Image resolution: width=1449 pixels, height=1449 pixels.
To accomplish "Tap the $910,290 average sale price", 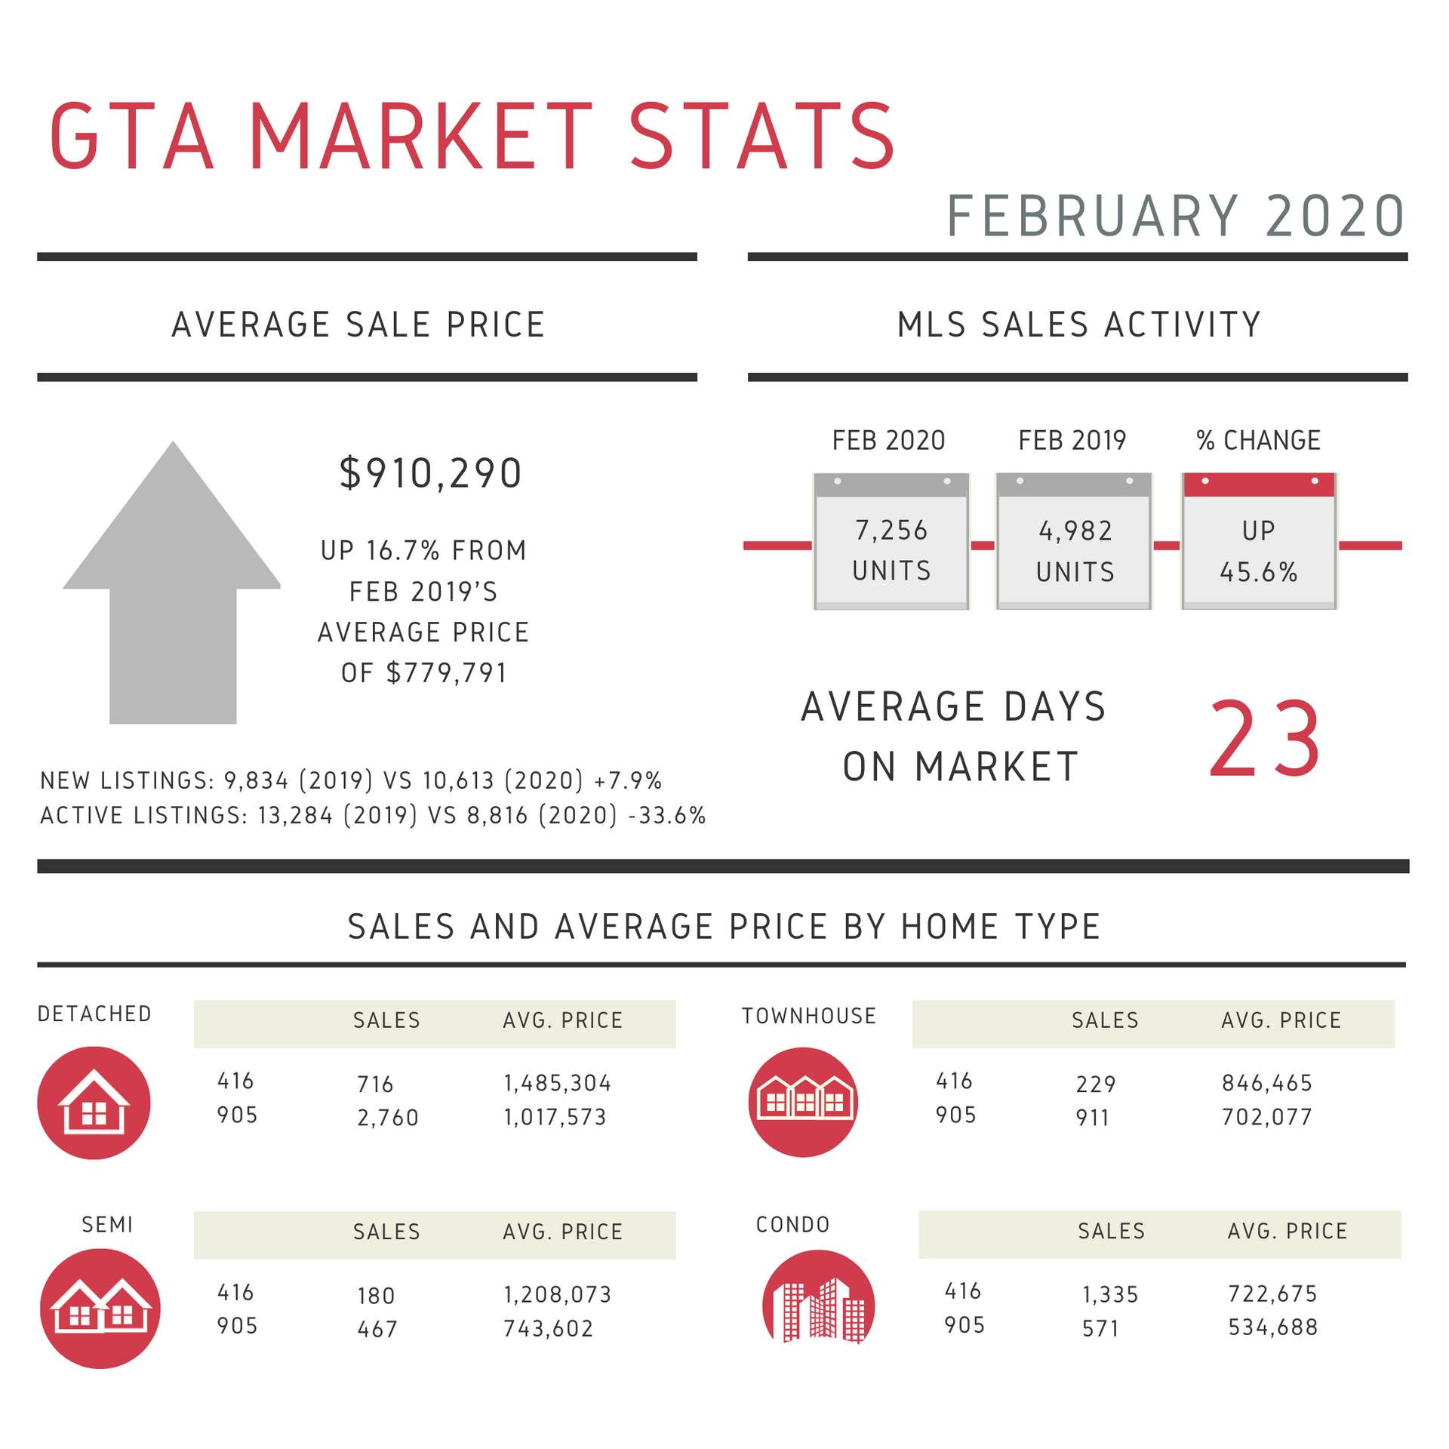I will click(x=430, y=473).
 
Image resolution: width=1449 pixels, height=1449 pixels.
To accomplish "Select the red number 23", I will click(x=1265, y=739).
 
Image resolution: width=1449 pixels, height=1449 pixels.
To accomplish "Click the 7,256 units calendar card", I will click(x=891, y=541).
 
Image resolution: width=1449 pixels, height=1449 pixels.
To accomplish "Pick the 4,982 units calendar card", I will click(x=1075, y=541).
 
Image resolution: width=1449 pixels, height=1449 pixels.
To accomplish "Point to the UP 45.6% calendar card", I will click(x=1259, y=541).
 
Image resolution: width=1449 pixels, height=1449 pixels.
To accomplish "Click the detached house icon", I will click(x=94, y=1103).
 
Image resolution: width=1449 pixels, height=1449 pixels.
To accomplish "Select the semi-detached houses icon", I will click(x=100, y=1308).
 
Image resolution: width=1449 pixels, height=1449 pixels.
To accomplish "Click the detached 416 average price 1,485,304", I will click(x=558, y=1083).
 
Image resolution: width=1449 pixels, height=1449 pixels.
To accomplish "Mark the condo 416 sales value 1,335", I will click(x=1110, y=1294).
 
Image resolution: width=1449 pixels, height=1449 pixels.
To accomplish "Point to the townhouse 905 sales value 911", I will click(x=1093, y=1117).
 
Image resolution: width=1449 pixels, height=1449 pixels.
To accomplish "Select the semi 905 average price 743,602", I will click(x=549, y=1328).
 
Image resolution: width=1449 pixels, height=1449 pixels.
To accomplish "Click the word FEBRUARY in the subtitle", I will click(x=1093, y=217).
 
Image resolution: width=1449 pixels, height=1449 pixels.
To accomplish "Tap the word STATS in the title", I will click(x=762, y=137).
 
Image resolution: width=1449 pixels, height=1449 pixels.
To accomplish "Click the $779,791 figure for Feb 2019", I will click(x=446, y=672).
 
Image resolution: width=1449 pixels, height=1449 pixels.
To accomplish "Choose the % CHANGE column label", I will click(x=1259, y=440).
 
